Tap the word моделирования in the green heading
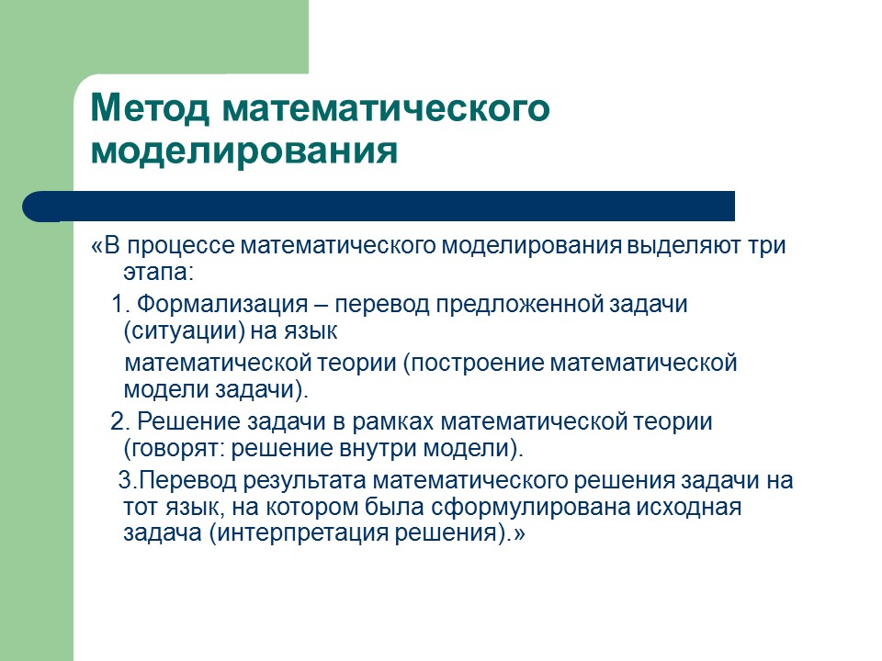click(244, 150)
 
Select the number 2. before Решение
click(119, 422)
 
